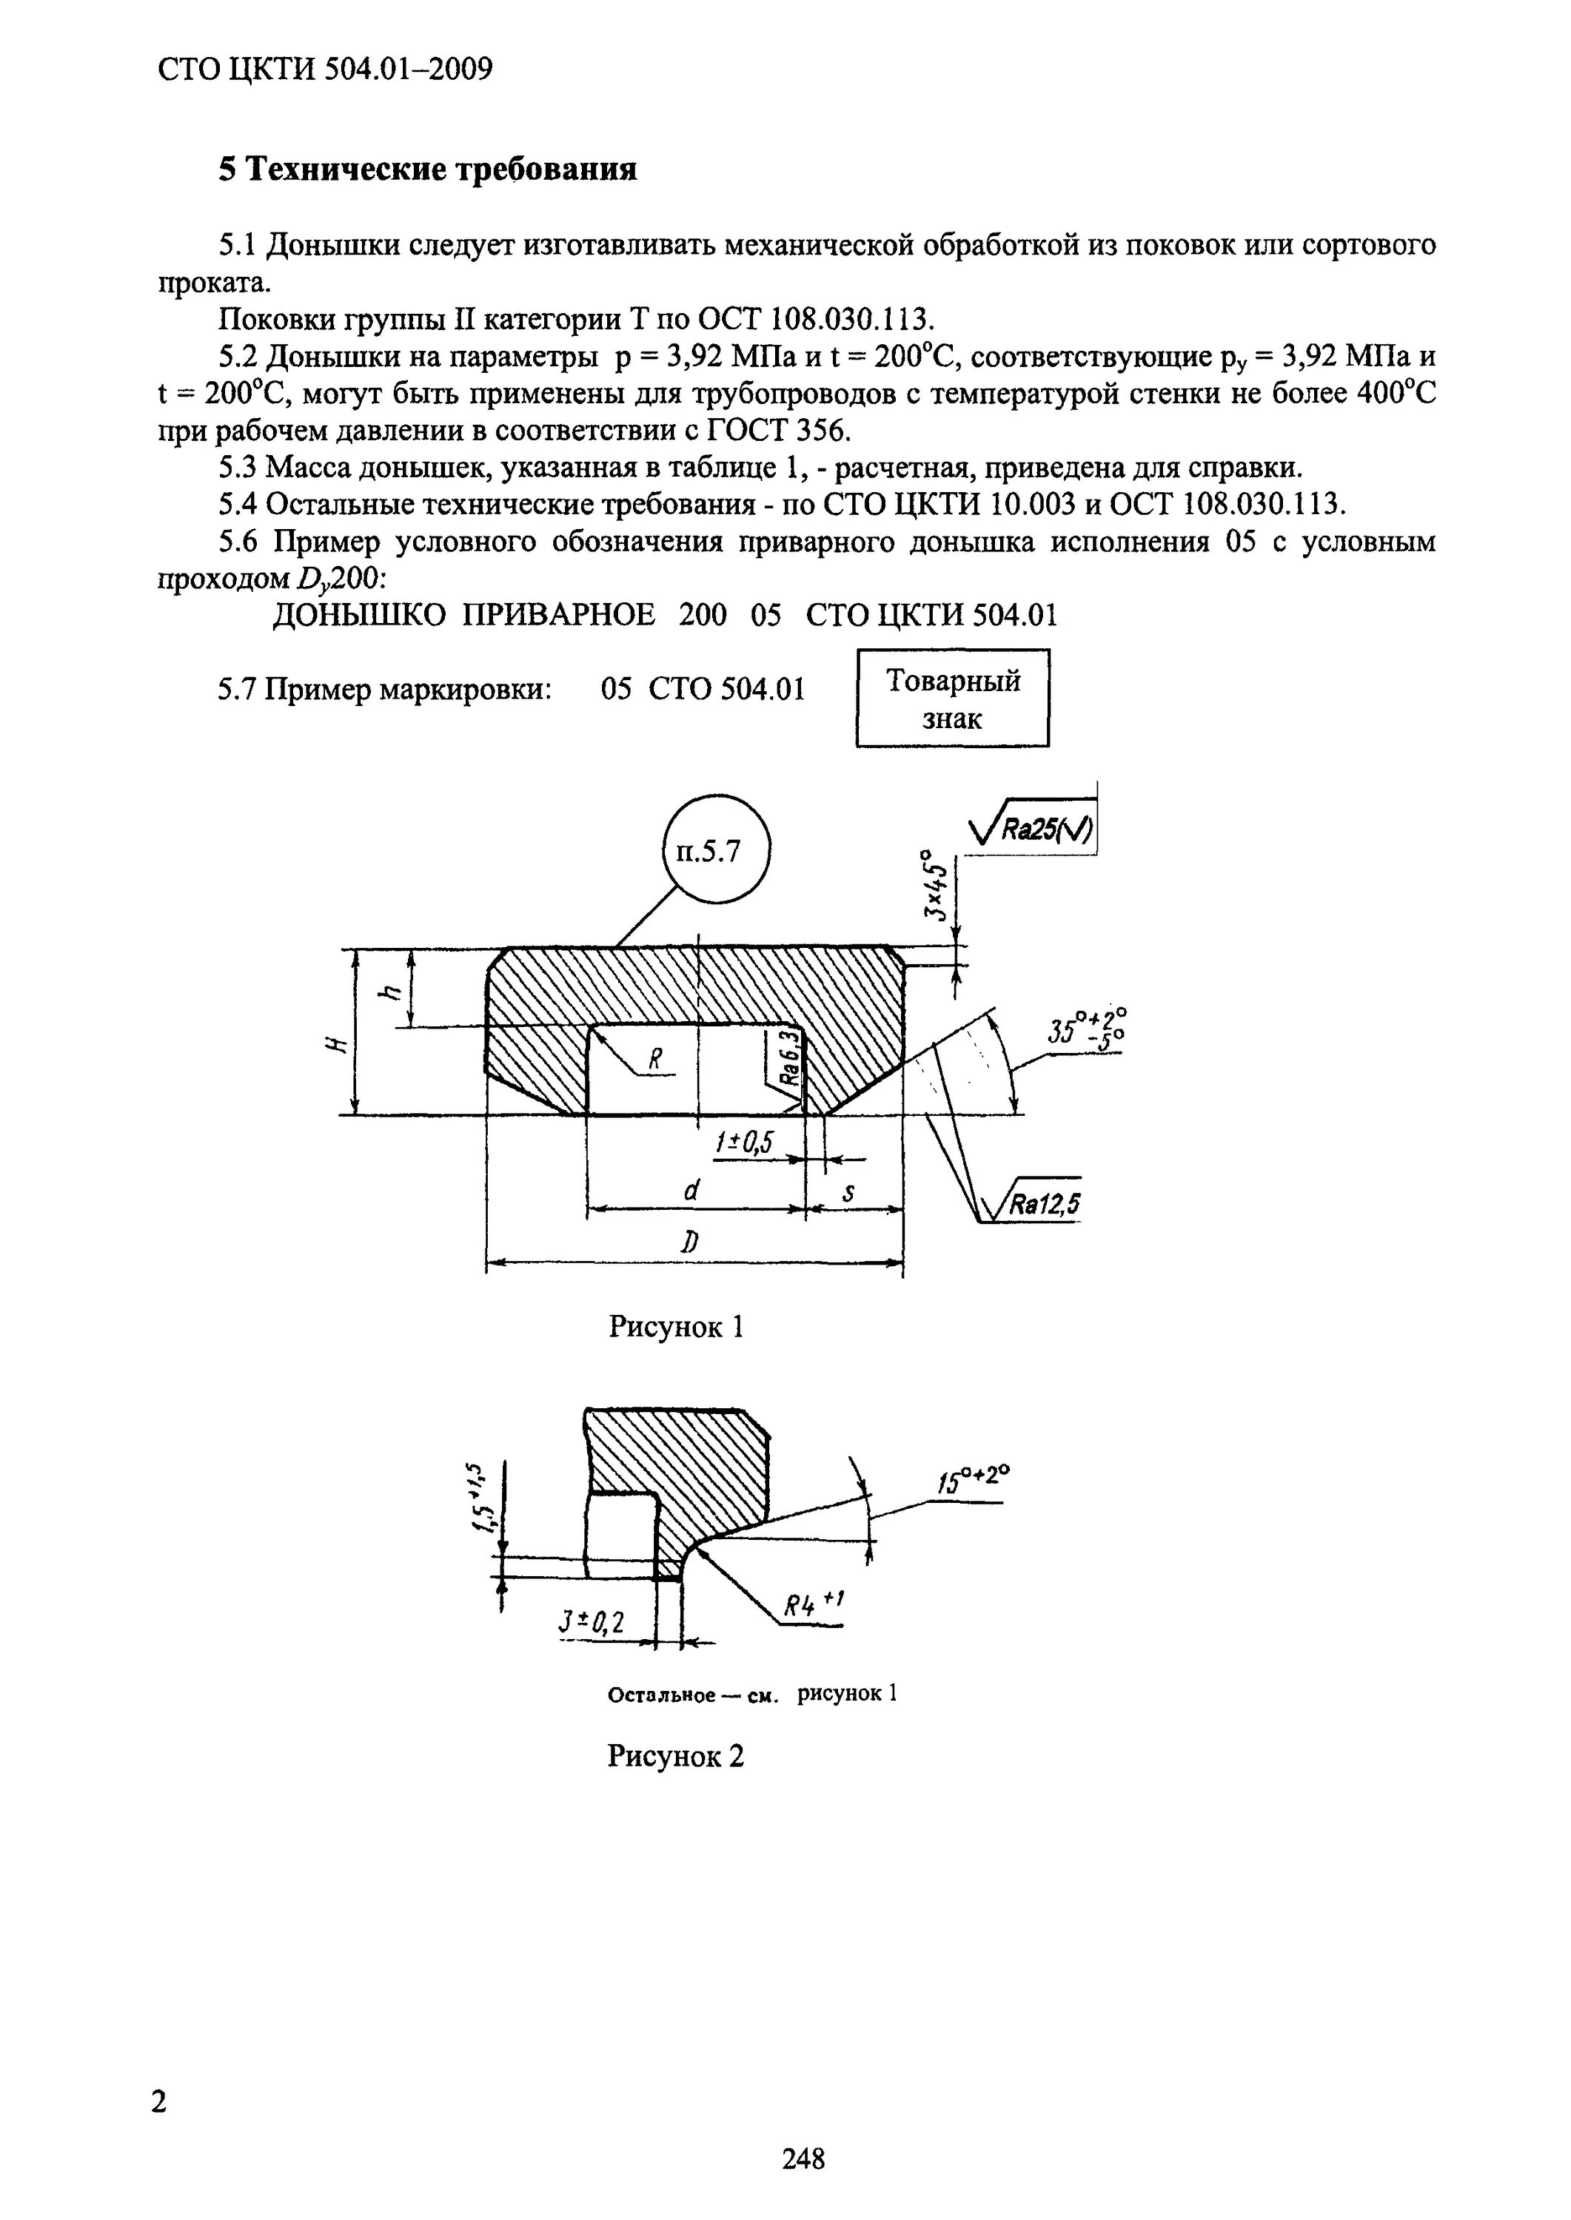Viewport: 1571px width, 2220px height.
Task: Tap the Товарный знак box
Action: pyautogui.click(x=952, y=698)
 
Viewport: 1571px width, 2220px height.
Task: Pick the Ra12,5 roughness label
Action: pyautogui.click(x=1045, y=1204)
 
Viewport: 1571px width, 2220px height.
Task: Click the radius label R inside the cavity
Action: pyautogui.click(x=655, y=1060)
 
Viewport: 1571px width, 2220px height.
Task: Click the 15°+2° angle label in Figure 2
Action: pyautogui.click(x=972, y=1479)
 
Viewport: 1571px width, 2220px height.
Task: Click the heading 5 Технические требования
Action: pyautogui.click(x=428, y=170)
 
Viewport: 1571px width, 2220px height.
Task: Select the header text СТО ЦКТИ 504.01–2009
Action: pyautogui.click(x=325, y=70)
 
